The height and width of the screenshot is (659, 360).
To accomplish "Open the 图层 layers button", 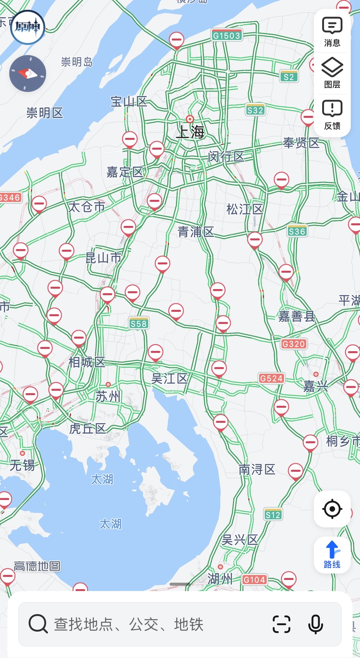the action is coord(332,73).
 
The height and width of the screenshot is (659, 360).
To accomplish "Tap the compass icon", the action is coord(28,73).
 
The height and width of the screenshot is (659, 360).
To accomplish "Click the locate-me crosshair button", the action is coord(332,509).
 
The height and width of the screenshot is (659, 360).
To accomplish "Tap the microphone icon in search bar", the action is coord(315,624).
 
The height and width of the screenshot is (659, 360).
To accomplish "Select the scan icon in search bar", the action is coord(282,624).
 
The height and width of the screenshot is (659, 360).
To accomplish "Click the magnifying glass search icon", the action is coord(38,624).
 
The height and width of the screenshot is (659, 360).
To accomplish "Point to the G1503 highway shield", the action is coord(227,35).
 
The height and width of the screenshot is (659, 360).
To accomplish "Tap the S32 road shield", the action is coord(255,110).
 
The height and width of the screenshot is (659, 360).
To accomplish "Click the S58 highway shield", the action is coord(138,324).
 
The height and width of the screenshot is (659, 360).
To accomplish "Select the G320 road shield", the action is coord(294,344).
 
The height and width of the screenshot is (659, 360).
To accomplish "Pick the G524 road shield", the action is coord(271,378).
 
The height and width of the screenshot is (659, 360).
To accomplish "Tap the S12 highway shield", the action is coord(273,514).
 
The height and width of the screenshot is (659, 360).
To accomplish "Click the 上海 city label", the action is coord(190,132).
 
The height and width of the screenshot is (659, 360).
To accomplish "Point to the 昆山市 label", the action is coord(103,258).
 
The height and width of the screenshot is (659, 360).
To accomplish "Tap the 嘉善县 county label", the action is coord(297,316).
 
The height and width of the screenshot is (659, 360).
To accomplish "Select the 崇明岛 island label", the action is coord(77,62).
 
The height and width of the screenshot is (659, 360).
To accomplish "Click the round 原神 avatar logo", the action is coord(28,27).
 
